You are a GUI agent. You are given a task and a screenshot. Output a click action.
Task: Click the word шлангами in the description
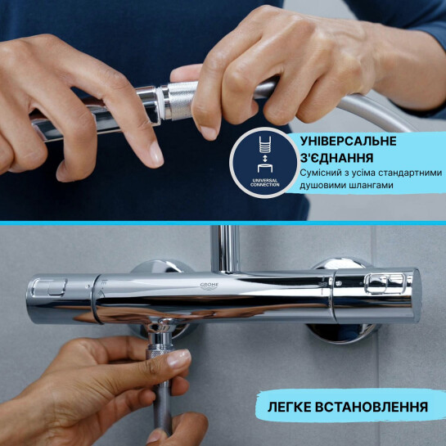pos(367,187)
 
